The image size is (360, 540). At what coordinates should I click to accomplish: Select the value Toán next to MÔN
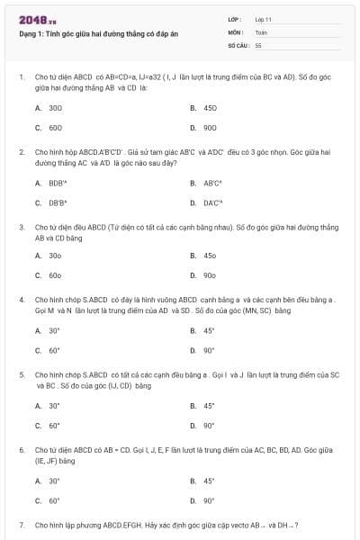click(x=261, y=31)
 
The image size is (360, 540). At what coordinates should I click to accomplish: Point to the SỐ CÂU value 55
click(x=258, y=43)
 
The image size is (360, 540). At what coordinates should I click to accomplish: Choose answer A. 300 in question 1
click(x=49, y=107)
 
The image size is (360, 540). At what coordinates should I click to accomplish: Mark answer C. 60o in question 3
click(x=49, y=275)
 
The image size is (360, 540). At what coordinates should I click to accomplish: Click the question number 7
click(x=21, y=524)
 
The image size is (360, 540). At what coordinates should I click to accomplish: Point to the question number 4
click(x=21, y=299)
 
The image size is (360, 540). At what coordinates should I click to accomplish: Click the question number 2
click(x=21, y=152)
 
